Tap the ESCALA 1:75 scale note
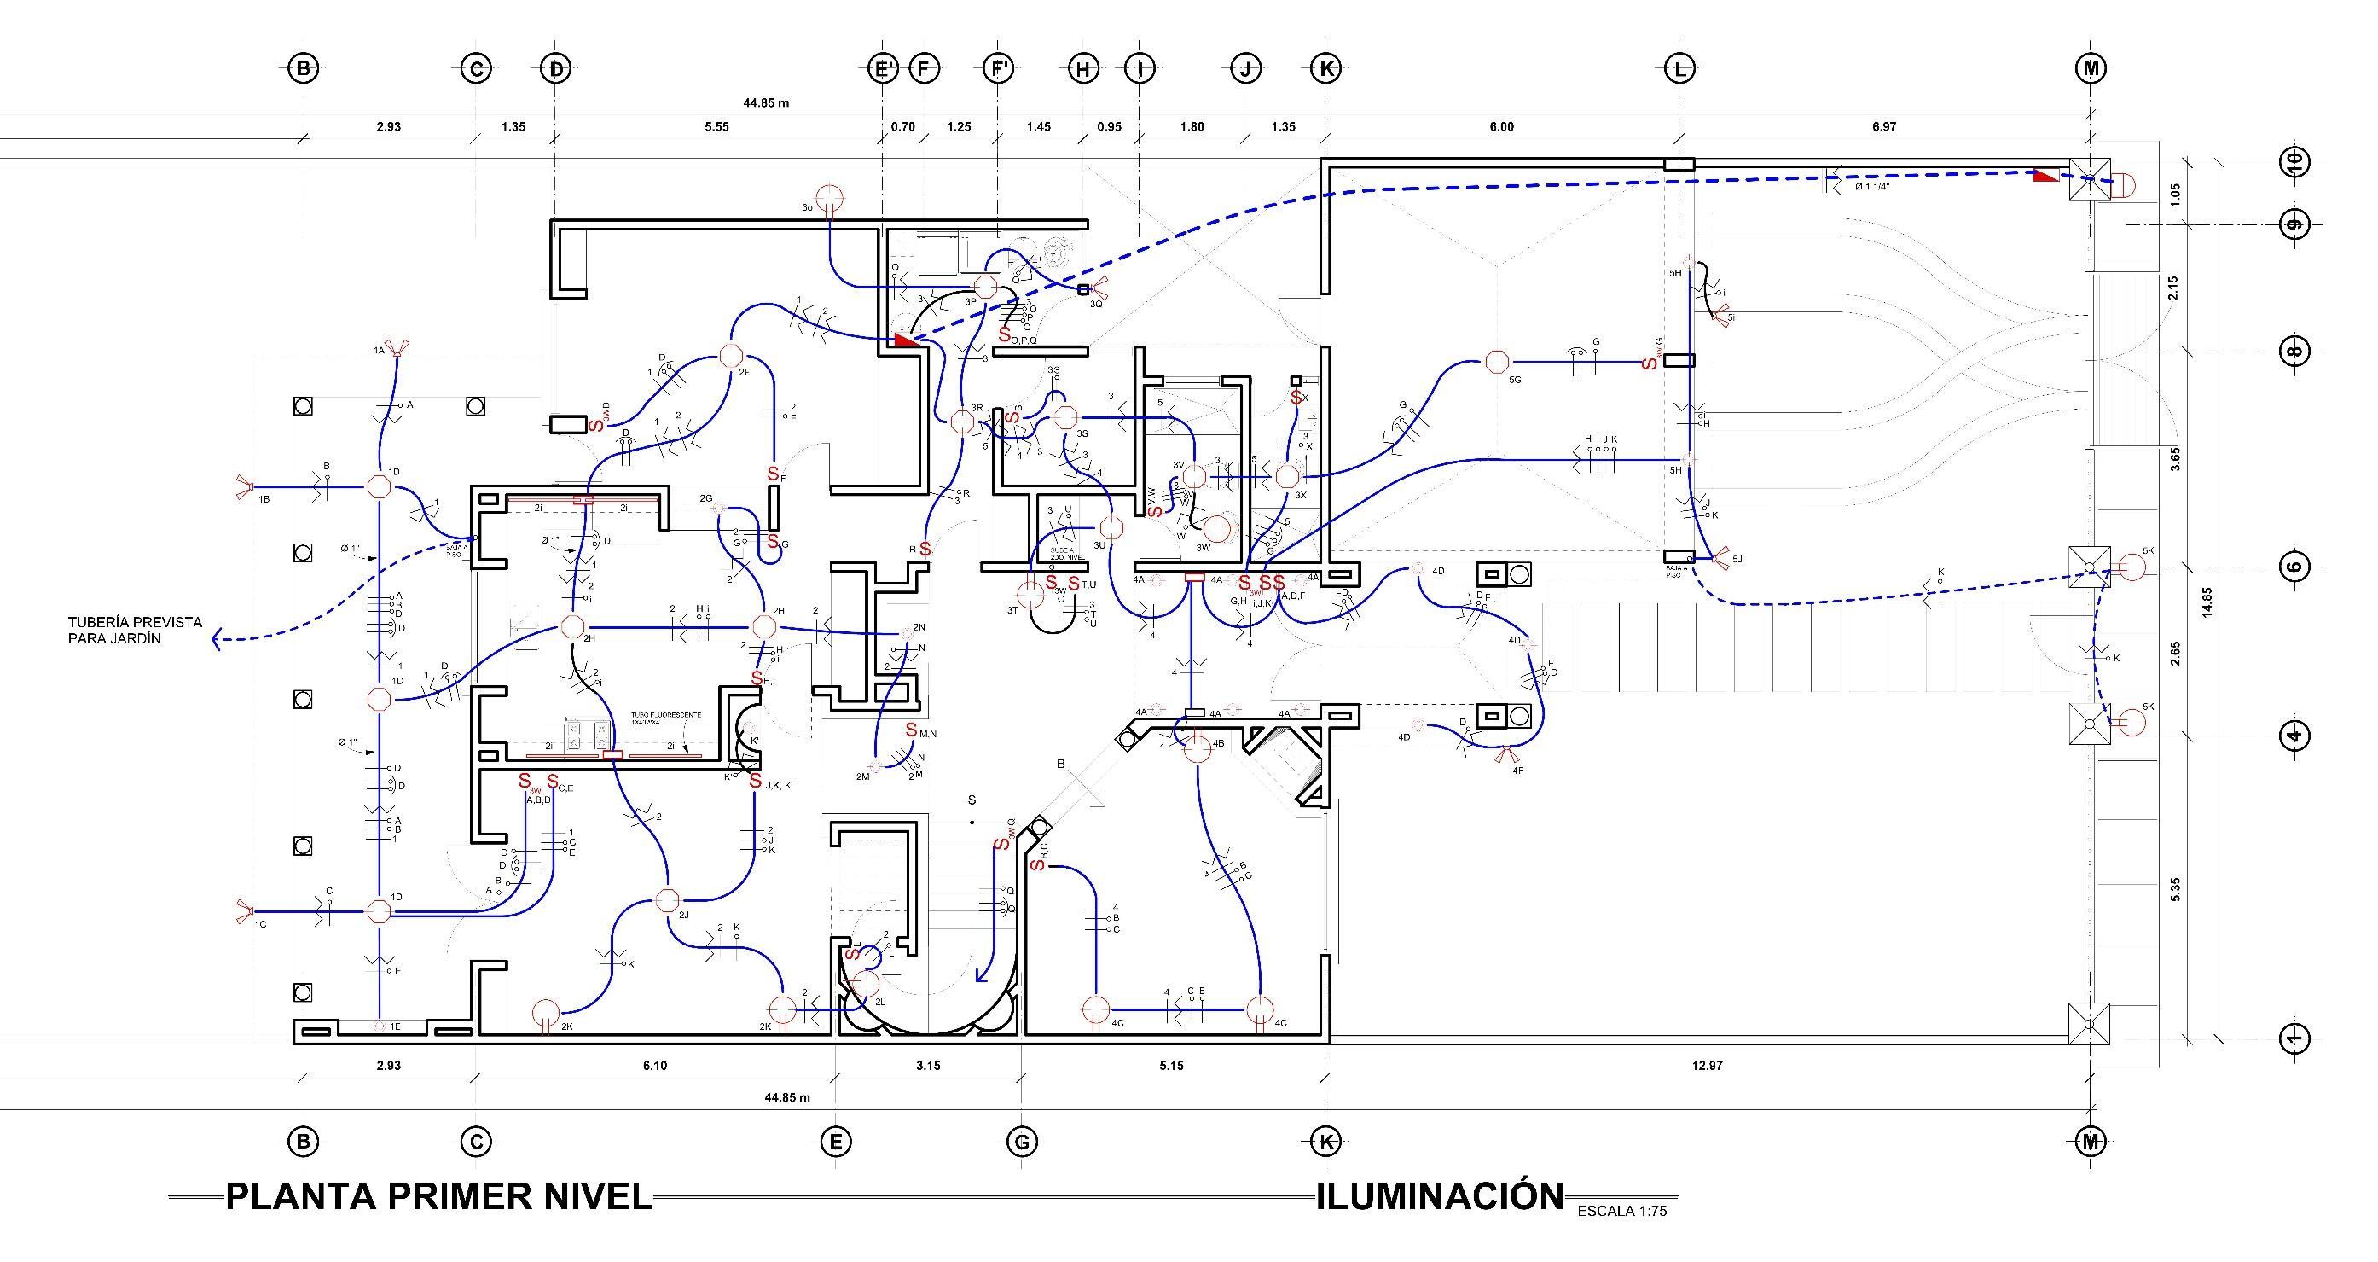(x=1622, y=1211)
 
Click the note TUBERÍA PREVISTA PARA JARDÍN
(x=135, y=631)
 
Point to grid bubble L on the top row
(x=1679, y=67)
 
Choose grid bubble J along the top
(x=1245, y=67)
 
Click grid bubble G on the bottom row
(x=1021, y=1142)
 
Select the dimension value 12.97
(x=1707, y=1066)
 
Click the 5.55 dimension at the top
(x=716, y=127)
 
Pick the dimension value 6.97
(x=1884, y=127)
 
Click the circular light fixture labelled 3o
(x=830, y=199)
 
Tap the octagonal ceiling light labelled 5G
(x=1495, y=362)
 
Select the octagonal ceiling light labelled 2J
(x=665, y=899)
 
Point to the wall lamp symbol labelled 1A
(x=397, y=349)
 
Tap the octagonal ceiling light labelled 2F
(x=730, y=356)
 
